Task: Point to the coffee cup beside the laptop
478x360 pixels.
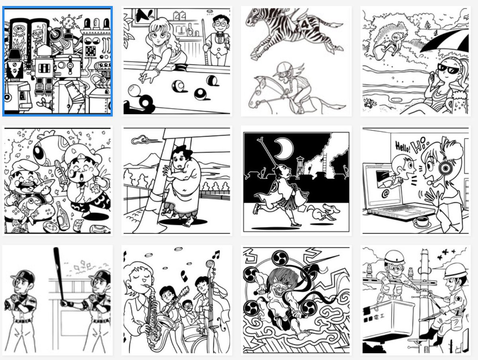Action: [x=421, y=221]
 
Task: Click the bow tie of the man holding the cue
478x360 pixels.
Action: [x=219, y=34]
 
